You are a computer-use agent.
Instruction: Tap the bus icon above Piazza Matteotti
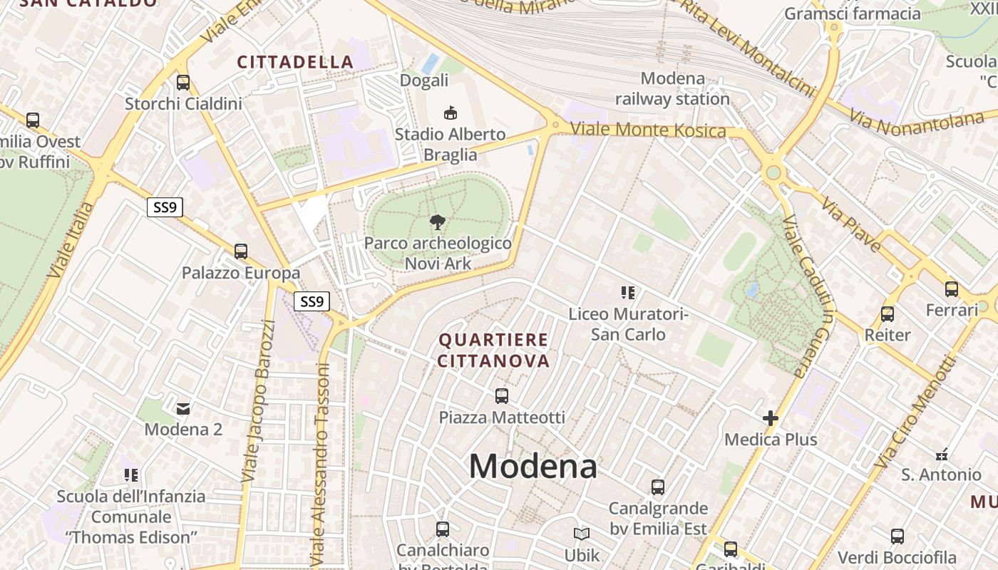pos(502,395)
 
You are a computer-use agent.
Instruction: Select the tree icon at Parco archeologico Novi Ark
pos(438,222)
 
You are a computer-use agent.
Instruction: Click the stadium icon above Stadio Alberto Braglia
pos(450,113)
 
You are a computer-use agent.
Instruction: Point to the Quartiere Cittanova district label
pos(493,350)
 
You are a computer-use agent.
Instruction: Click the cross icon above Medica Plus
pos(771,418)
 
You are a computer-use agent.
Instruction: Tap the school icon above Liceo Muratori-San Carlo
pos(628,292)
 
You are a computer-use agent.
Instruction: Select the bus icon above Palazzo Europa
pos(241,251)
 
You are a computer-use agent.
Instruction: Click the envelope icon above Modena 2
pos(183,408)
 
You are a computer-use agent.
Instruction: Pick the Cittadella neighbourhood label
pos(295,62)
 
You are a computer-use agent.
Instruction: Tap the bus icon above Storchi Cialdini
pos(183,82)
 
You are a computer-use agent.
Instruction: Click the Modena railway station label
pos(672,88)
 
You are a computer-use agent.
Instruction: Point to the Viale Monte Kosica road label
pos(648,130)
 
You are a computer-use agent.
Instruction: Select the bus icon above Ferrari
pos(952,289)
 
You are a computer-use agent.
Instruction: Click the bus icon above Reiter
pos(888,313)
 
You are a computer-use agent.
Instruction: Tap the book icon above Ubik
pos(582,534)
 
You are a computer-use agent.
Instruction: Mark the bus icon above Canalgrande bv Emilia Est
pos(658,487)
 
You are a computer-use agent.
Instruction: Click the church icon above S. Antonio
pos(942,454)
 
